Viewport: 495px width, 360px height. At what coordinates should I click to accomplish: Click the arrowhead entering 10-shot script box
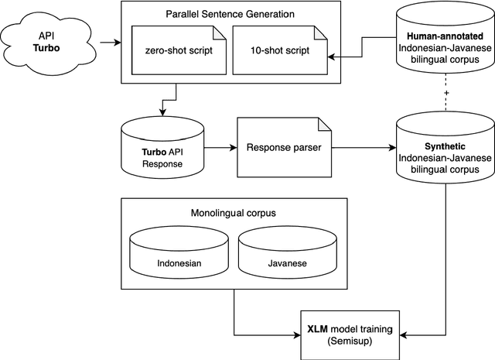(x=330, y=56)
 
